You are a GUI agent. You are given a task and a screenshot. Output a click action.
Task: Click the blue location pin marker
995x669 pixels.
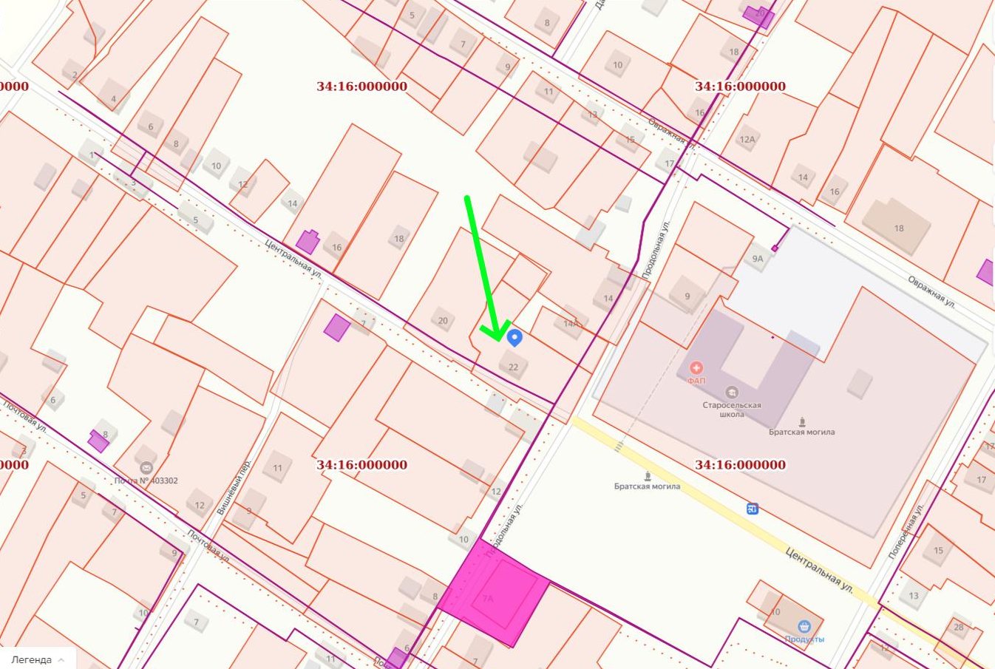click(x=515, y=338)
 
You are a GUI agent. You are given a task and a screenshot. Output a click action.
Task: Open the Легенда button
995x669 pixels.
click(x=38, y=659)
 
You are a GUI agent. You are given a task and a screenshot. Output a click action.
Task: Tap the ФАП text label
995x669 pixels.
click(x=696, y=381)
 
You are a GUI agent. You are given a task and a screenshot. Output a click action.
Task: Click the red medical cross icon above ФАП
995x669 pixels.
click(x=696, y=367)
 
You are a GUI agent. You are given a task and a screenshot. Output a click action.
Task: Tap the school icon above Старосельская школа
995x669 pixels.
click(x=732, y=393)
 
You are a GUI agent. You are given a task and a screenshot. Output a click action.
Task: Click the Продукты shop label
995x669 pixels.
click(x=804, y=639)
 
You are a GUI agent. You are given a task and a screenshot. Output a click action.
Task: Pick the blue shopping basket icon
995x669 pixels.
click(x=804, y=627)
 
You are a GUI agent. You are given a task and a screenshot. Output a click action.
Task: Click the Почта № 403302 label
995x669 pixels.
click(x=146, y=480)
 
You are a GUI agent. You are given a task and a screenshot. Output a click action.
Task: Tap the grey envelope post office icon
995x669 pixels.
click(x=146, y=468)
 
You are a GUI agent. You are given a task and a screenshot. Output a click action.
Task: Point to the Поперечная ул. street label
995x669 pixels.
click(x=906, y=531)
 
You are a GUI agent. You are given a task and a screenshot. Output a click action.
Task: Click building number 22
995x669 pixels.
click(x=513, y=367)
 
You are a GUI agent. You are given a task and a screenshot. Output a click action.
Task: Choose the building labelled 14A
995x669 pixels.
click(x=570, y=324)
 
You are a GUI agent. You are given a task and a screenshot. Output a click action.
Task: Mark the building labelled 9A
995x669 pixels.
click(x=757, y=259)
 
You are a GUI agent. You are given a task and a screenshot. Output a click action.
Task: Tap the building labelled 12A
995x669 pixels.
click(x=747, y=140)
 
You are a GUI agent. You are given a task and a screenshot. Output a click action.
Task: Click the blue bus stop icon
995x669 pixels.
click(x=753, y=509)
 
